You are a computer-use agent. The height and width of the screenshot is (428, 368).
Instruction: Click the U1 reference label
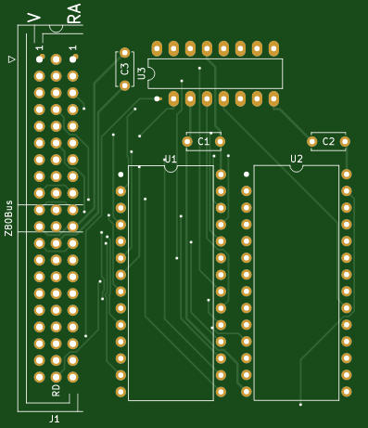coord(171,159)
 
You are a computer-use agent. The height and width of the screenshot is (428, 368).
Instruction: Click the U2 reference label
coord(297,159)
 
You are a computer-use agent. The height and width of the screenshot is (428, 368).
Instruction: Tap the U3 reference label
coord(142,73)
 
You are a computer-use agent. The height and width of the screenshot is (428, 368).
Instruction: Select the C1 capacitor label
coord(204,141)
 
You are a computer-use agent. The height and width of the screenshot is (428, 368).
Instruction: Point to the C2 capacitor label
coord(328,141)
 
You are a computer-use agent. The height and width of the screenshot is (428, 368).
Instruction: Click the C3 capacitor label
coord(125,69)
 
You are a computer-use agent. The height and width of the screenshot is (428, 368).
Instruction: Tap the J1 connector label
coord(54,419)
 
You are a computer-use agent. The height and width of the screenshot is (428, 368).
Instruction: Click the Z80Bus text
coord(9,218)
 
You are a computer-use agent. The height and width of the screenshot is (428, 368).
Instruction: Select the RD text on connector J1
coord(56,391)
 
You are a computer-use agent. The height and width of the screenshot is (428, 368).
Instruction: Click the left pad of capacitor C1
coord(187,142)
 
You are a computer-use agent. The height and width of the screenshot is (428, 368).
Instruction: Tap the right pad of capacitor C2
coord(345,142)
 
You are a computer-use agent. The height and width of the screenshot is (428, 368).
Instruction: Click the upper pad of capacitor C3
coord(125,52)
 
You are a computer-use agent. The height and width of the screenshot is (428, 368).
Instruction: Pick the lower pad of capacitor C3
coord(125,85)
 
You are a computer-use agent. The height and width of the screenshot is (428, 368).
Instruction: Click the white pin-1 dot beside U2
coord(247,175)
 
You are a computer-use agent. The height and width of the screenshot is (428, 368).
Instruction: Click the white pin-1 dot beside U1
coord(121,175)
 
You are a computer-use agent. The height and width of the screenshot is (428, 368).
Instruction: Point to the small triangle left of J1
coord(12,59)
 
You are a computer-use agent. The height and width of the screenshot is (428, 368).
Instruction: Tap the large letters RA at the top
coord(74,14)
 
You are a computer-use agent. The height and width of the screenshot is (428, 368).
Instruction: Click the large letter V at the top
coord(34,18)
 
